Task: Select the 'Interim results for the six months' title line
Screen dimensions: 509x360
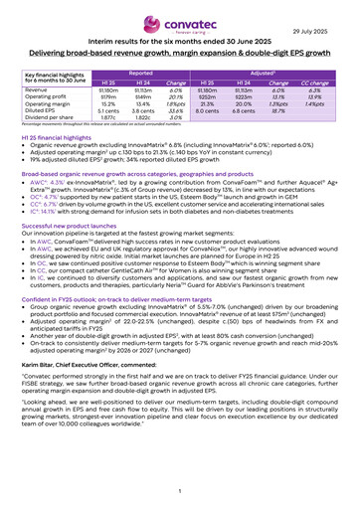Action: [180, 40]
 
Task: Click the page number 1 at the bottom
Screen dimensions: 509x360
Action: [180, 492]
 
